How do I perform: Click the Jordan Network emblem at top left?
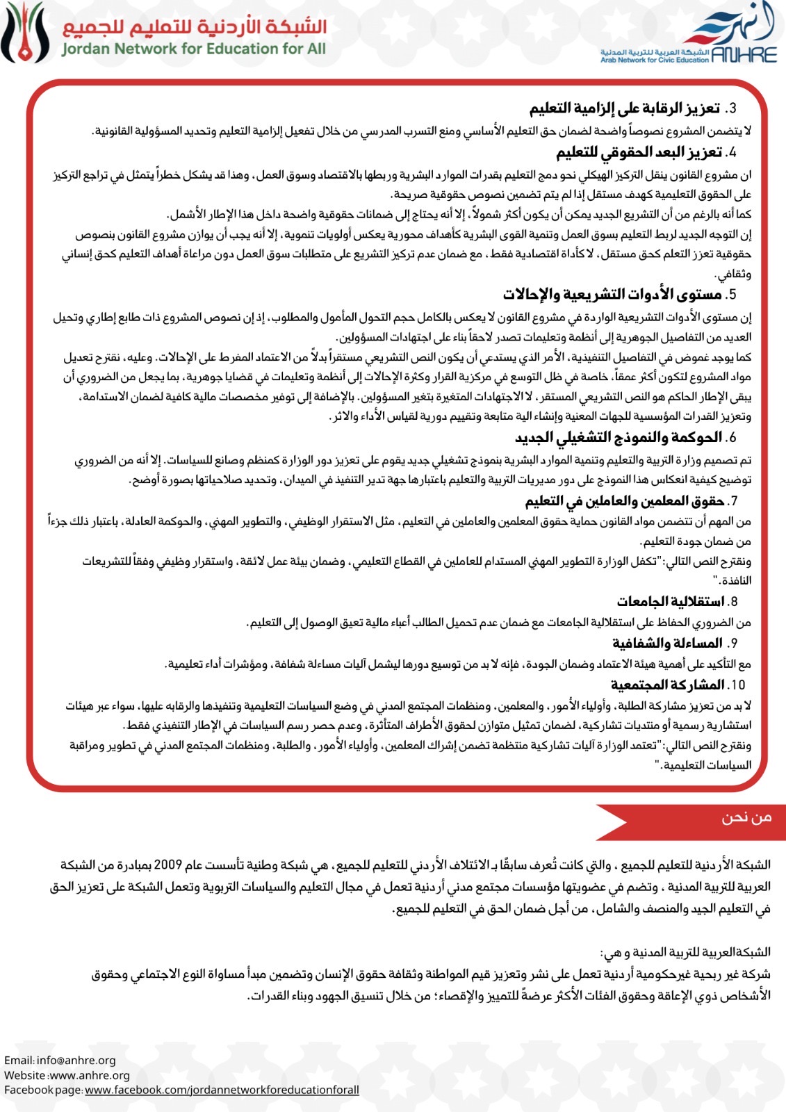(26, 33)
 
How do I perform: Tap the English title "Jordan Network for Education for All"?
(193, 49)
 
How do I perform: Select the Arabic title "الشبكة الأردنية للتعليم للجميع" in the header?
(195, 26)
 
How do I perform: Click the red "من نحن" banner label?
(746, 817)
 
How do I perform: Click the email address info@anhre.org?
(76, 1061)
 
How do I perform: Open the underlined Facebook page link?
(222, 1090)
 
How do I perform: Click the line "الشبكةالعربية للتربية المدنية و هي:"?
(685, 952)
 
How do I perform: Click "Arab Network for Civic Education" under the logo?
(655, 60)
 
